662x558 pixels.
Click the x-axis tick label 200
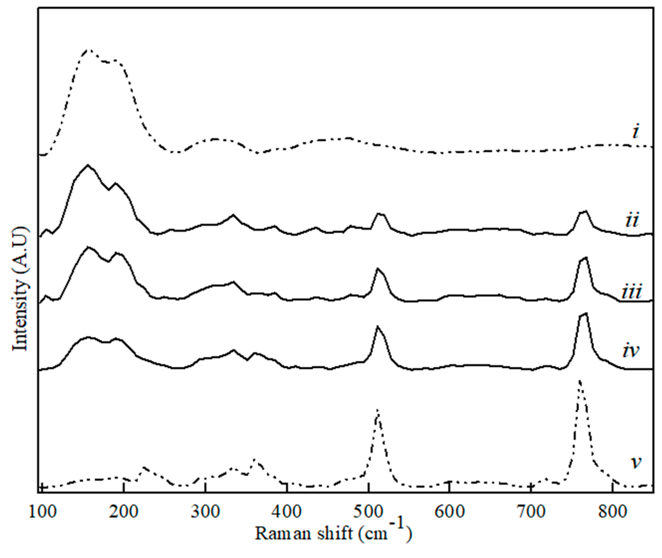124,512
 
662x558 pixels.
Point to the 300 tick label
205,512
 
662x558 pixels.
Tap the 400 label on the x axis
286,512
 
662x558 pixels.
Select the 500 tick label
367,512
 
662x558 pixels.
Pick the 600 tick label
449,512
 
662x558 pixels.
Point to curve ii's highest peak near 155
88,165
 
